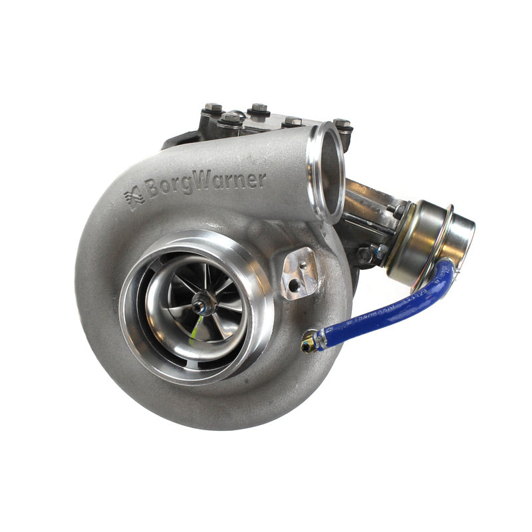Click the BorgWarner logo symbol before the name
134,198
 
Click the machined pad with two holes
299,273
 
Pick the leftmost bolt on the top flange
212,108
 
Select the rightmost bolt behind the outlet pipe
342,126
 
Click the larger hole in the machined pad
294,285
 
